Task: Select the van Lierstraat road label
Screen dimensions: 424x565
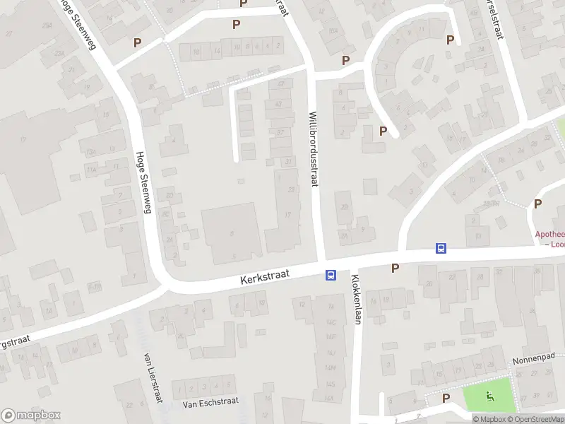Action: [x=149, y=377]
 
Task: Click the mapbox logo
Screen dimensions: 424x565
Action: [x=31, y=416]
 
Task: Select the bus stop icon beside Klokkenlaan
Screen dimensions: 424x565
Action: [x=330, y=276]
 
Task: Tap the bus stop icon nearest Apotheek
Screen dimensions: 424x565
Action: [x=441, y=248]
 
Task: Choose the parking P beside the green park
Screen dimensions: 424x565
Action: [x=446, y=399]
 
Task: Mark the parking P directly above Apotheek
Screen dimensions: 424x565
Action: [x=538, y=204]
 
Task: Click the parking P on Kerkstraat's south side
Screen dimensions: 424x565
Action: [x=395, y=268]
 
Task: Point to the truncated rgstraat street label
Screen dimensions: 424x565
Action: [x=16, y=341]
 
